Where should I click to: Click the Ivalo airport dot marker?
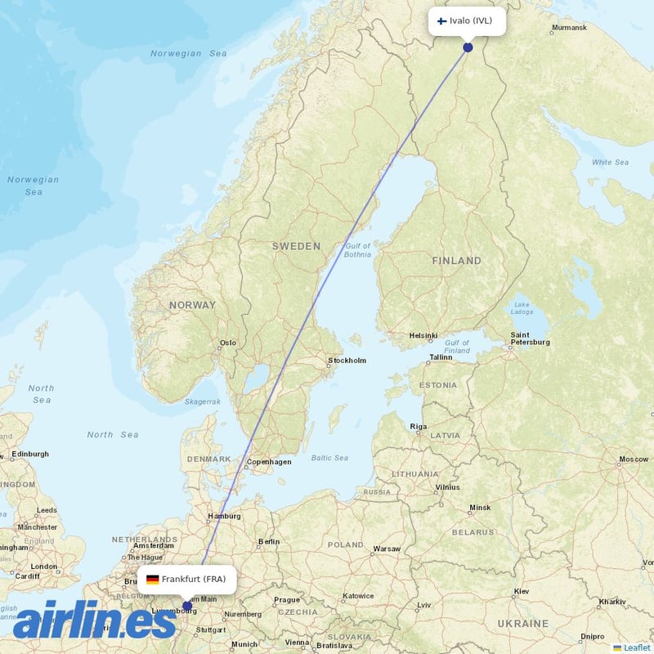(468, 47)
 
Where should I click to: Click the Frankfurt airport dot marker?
(187, 606)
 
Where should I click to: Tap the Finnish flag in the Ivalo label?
(441, 20)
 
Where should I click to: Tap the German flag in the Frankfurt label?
(152, 580)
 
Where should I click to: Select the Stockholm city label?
(347, 361)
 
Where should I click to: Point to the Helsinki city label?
(423, 335)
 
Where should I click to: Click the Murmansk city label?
(569, 28)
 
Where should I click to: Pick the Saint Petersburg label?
(530, 338)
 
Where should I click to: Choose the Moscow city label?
(634, 459)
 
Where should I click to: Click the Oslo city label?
(227, 343)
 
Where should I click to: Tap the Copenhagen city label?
(269, 462)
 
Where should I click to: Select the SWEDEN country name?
(296, 246)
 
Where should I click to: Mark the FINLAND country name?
(456, 261)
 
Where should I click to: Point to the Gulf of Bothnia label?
(357, 250)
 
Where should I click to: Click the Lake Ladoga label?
(522, 308)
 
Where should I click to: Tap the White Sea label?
(610, 163)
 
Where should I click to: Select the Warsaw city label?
(386, 549)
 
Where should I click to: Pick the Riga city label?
(419, 427)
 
